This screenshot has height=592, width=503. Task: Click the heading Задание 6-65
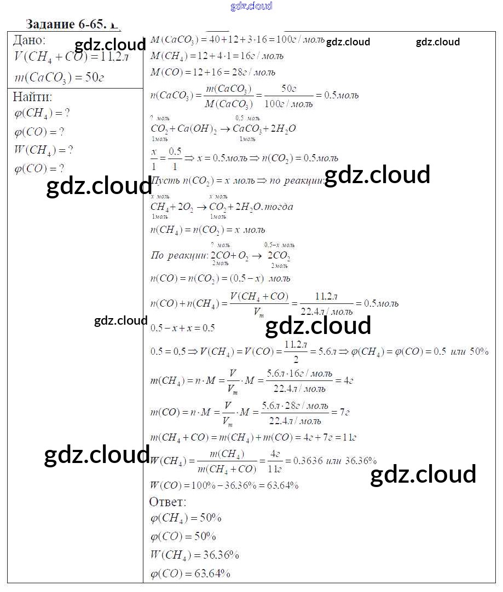pyautogui.click(x=66, y=25)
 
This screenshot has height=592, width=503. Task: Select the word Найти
pyautogui.click(x=32, y=97)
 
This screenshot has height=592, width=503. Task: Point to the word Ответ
pyautogui.click(x=167, y=502)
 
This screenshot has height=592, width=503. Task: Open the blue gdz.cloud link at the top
pyautogui.click(x=251, y=7)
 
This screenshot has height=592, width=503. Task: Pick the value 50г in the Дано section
pyautogui.click(x=94, y=77)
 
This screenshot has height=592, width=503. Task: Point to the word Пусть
pyautogui.click(x=163, y=180)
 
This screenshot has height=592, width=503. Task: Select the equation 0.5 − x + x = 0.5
pyautogui.click(x=182, y=328)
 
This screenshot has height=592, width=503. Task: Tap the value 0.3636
pyautogui.click(x=308, y=461)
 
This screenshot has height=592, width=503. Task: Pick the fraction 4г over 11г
pyautogui.click(x=275, y=461)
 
